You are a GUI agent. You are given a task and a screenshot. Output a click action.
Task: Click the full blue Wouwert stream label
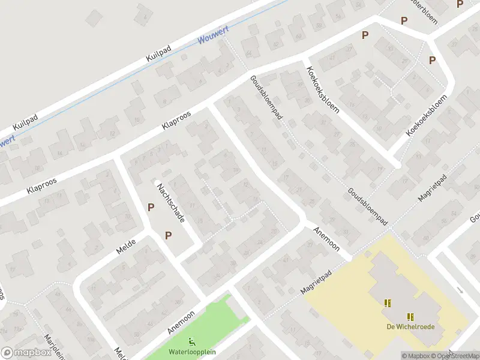click(x=214, y=37)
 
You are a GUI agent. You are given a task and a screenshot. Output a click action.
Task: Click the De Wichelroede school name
click(x=410, y=326)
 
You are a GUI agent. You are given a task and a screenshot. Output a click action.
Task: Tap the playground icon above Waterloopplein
click(x=192, y=343)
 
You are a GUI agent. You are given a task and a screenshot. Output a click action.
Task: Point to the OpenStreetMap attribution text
click(x=452, y=356)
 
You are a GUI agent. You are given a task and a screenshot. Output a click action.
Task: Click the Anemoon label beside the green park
click(x=181, y=322)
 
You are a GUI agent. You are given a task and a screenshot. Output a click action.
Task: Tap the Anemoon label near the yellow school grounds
click(x=327, y=239)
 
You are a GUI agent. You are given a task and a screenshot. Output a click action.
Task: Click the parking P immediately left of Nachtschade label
click(x=151, y=207)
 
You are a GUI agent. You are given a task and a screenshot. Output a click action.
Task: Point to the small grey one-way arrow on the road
click(x=460, y=290)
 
